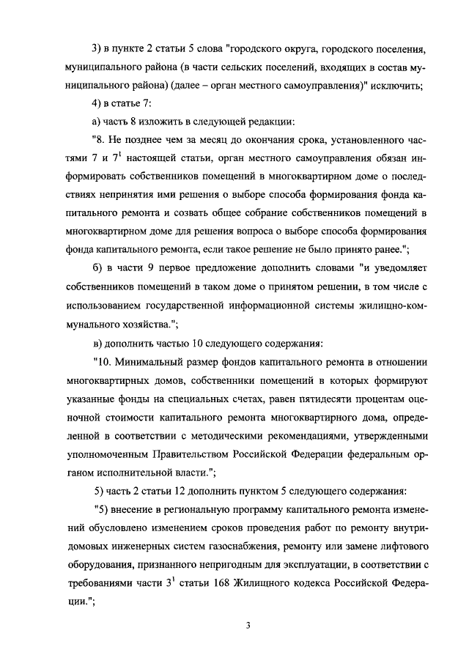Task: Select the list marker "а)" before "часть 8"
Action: [97, 121]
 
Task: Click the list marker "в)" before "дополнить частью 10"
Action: [97, 343]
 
